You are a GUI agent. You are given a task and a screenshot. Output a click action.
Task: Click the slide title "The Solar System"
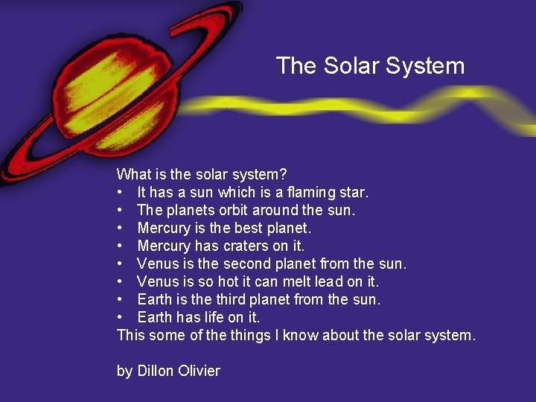pos(370,66)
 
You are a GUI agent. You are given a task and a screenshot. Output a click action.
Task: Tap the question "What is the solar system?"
pos(202,174)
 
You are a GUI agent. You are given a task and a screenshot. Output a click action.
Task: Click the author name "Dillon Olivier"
pos(179,371)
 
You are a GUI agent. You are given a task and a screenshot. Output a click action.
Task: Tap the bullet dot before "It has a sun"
pos(121,193)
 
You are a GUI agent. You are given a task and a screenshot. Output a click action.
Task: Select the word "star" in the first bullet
pos(353,192)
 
